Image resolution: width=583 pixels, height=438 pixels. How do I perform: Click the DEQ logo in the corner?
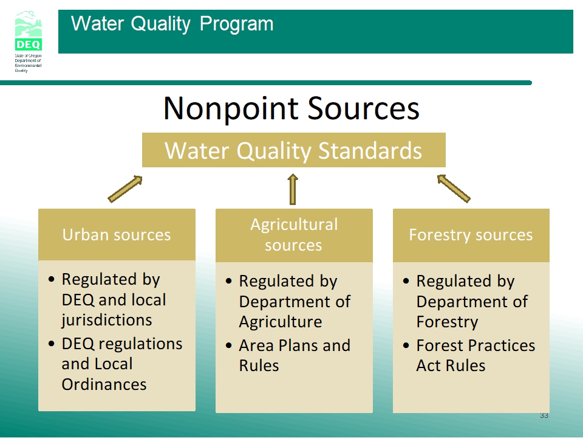29,41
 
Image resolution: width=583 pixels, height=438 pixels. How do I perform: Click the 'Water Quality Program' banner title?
172,24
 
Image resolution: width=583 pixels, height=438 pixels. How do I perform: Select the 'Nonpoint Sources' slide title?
291,108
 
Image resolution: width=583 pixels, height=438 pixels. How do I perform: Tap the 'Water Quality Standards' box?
294,150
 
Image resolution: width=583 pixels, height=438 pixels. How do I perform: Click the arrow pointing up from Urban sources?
125,189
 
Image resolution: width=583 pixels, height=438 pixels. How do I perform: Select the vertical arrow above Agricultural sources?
293,189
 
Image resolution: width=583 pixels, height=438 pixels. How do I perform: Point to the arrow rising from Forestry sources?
454,189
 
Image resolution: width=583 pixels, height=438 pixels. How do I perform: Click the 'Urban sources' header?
117,235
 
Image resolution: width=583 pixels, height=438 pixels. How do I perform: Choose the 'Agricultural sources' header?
294,235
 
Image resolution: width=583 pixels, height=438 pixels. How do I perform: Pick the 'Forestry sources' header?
471,235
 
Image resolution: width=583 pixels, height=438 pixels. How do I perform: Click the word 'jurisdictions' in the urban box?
107,321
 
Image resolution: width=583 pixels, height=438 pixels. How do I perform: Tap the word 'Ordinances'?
104,384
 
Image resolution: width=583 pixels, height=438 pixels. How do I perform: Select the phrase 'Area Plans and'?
295,346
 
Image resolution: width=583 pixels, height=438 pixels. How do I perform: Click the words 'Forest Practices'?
476,346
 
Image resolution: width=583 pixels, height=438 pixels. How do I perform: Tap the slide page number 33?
544,415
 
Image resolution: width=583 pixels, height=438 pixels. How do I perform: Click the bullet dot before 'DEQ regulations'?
52,343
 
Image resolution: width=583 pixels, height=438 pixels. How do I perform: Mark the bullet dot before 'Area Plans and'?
229,346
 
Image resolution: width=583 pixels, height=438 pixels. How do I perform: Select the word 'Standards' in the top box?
370,150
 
